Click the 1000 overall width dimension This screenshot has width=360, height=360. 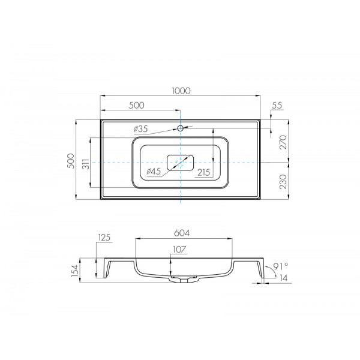click(x=181, y=91)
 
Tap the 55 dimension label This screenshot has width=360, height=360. click(x=277, y=106)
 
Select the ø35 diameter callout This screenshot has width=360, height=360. click(x=141, y=129)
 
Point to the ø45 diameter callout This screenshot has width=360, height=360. click(x=154, y=171)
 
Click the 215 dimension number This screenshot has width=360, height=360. click(x=204, y=172)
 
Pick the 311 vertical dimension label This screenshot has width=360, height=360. click(x=86, y=164)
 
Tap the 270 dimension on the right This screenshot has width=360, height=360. click(x=283, y=142)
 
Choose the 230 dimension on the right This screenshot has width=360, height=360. click(x=283, y=182)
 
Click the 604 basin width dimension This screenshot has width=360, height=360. click(x=182, y=233)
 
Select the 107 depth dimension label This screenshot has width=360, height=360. click(x=179, y=250)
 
